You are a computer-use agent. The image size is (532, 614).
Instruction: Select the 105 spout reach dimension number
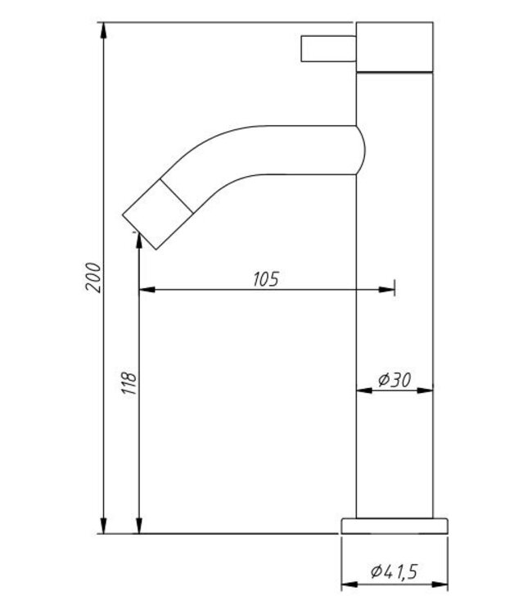[x=264, y=278]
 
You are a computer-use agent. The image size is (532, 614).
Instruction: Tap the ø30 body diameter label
[x=394, y=380]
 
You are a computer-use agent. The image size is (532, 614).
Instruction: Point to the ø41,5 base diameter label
[x=394, y=573]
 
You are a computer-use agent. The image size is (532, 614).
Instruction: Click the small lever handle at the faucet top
[x=329, y=47]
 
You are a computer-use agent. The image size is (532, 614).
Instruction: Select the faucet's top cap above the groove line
[x=394, y=47]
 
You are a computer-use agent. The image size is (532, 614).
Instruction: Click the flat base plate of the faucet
[x=394, y=525]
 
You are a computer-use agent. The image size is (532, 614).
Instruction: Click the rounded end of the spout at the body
[x=358, y=149]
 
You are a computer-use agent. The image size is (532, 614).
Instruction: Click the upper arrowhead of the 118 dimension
[x=139, y=242]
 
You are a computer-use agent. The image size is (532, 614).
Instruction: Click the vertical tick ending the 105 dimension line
[x=394, y=289]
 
